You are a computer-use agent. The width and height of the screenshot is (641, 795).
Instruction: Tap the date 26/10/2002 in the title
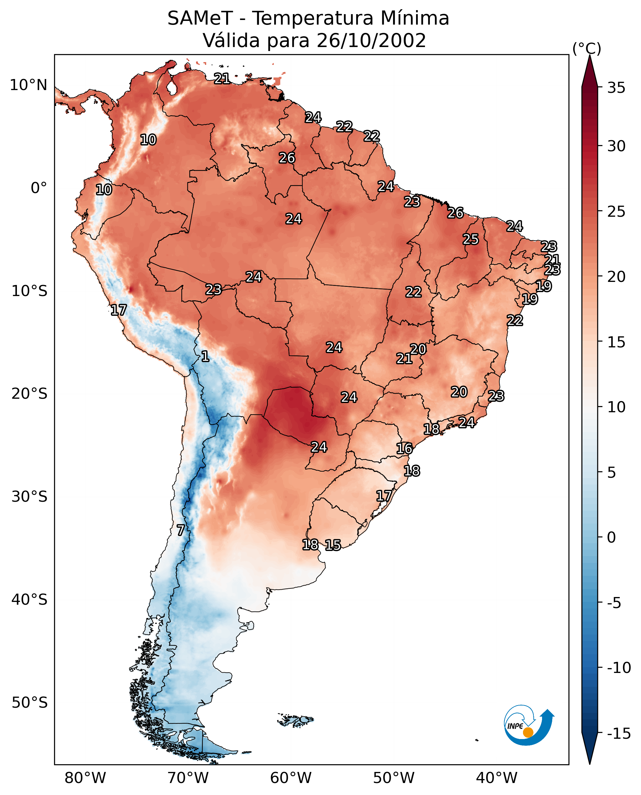371,41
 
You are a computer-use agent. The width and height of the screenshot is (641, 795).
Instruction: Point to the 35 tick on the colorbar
616,88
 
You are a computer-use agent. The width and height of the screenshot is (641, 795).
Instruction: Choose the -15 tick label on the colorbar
619,734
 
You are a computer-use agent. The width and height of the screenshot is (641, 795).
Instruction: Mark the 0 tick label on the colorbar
612,537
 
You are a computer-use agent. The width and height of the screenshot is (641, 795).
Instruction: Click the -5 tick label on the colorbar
614,603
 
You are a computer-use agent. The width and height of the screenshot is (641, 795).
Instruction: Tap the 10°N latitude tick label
29,85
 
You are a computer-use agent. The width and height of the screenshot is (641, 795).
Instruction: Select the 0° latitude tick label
39,188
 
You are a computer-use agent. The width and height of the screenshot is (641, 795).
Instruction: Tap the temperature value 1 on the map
205,357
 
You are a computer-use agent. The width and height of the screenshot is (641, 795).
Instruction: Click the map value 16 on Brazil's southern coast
404,449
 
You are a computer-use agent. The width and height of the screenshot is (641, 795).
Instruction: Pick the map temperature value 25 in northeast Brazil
471,239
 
